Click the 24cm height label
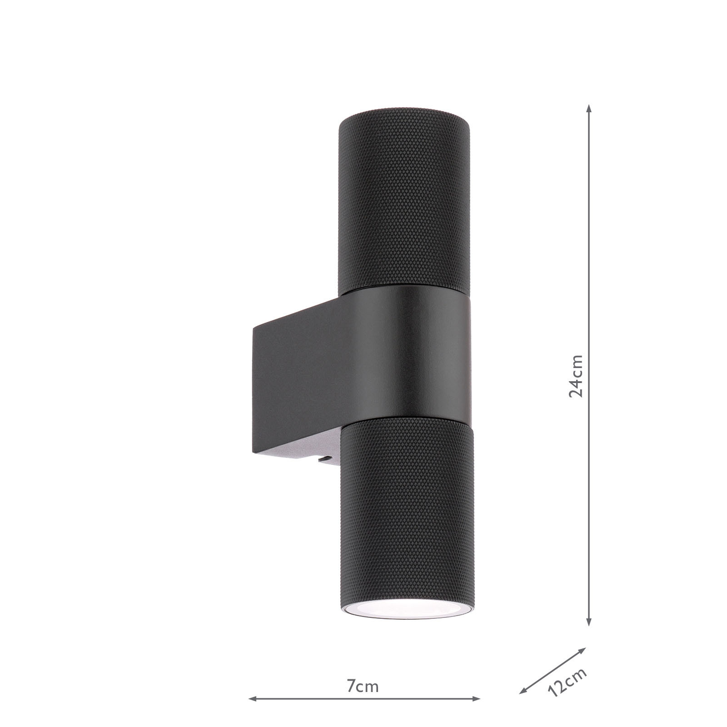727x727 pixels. point(576,376)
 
